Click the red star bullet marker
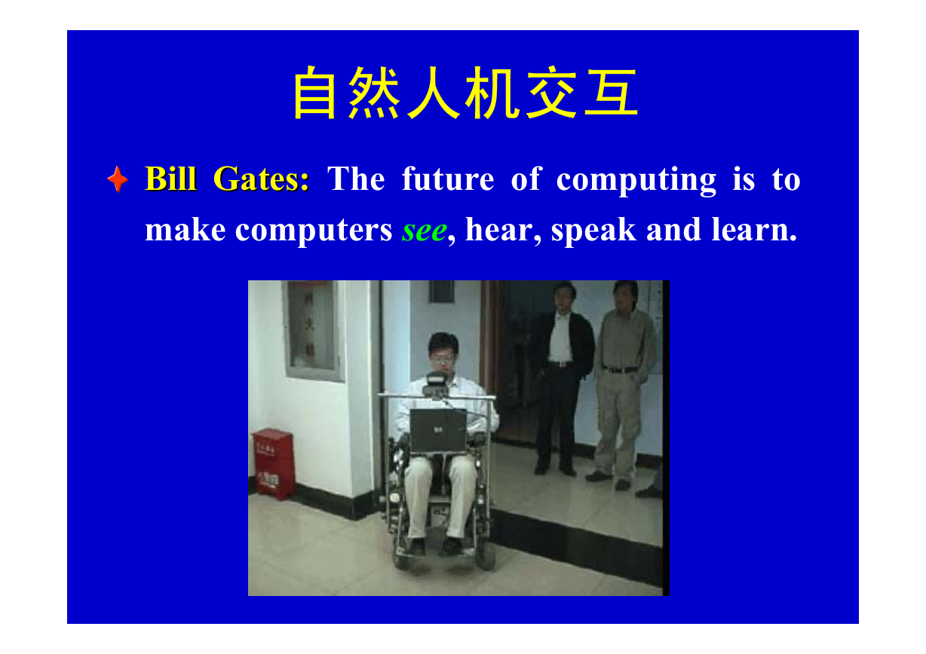coord(118,179)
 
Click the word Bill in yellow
coord(170,179)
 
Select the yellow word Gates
coord(261,179)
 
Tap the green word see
coord(425,231)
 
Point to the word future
coord(448,179)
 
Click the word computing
coord(636,181)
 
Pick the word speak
coord(593,231)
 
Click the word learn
coord(754,229)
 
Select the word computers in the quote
coord(314,231)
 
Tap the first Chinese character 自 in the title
coord(314,93)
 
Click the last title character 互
coord(611,93)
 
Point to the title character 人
coord(434,93)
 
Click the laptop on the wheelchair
coord(439,430)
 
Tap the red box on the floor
coord(274,463)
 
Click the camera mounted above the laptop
coord(436,384)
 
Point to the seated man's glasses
coord(443,359)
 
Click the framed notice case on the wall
coord(313,331)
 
